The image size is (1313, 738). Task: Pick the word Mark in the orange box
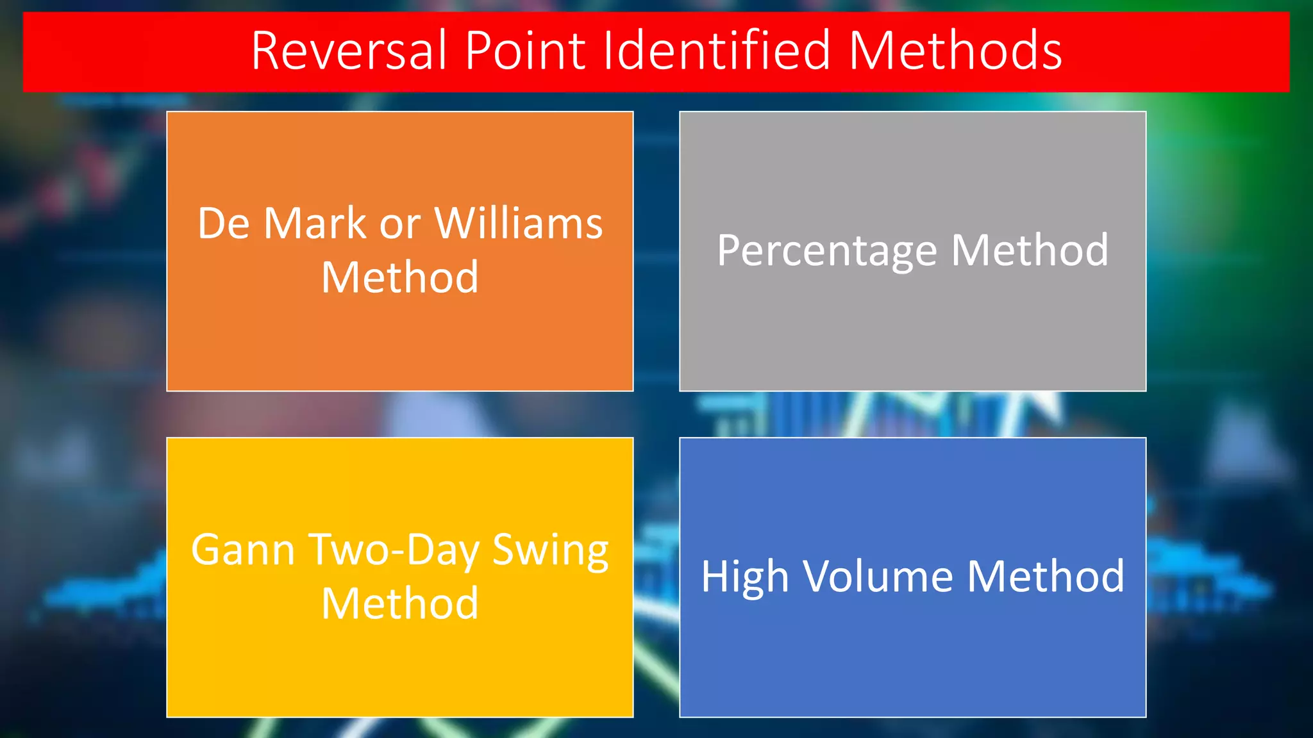click(315, 224)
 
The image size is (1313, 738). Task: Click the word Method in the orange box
click(400, 277)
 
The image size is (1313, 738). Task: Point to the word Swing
click(550, 551)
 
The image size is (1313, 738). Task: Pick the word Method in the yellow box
click(400, 603)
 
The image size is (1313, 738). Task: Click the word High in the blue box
click(744, 577)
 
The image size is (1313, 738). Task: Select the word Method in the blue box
click(1046, 576)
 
